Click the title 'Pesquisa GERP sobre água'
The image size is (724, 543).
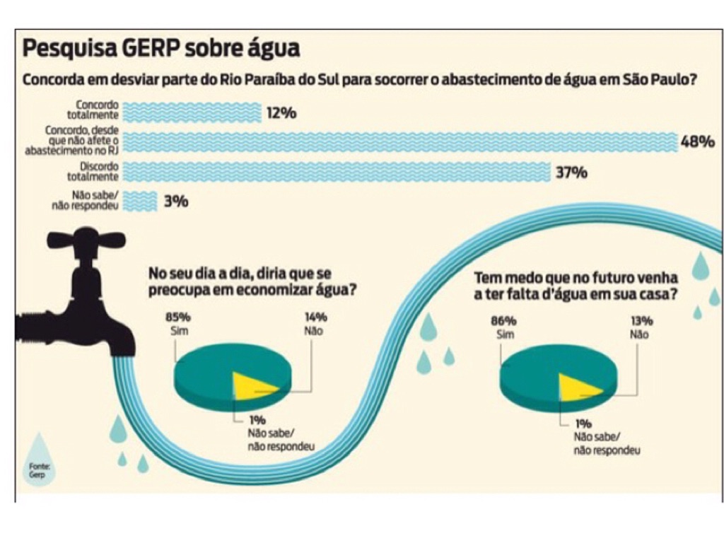[x=161, y=49]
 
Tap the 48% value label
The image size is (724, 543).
[x=697, y=142]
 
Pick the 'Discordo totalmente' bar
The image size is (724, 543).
[x=336, y=172]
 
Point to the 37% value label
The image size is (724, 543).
[x=571, y=173]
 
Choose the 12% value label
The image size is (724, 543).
[x=281, y=113]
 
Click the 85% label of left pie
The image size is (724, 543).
[x=180, y=317]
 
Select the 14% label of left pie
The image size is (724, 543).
[x=315, y=317]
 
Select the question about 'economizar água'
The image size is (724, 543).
[x=250, y=281]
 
